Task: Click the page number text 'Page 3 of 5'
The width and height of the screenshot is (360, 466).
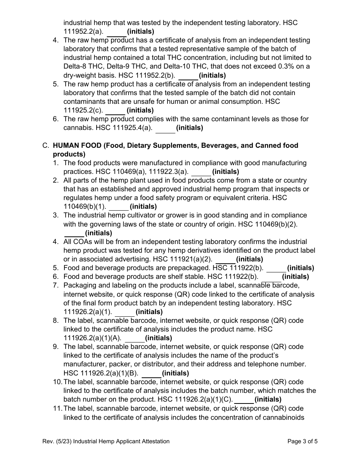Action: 302,441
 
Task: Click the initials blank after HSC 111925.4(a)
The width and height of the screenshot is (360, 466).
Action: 166,128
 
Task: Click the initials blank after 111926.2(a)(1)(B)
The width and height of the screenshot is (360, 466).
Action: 152,374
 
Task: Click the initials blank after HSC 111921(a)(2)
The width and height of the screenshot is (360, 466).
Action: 225,260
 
